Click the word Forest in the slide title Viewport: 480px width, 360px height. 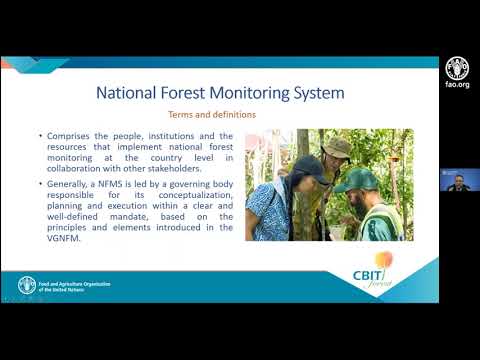(192, 94)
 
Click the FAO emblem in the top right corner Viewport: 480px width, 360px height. (455, 67)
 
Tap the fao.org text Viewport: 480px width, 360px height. (455, 86)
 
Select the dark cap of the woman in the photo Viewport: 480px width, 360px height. (305, 164)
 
